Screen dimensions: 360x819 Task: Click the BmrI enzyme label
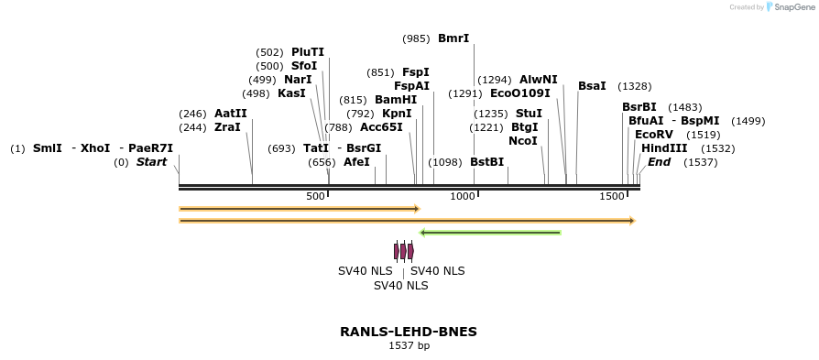pos(453,38)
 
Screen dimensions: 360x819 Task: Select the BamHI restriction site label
pos(396,100)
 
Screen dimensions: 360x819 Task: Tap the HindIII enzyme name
pos(662,148)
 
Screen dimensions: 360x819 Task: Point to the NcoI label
pos(523,141)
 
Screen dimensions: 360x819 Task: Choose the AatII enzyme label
pos(231,114)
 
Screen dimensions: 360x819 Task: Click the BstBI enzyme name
pos(486,162)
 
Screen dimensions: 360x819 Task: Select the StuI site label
pos(529,114)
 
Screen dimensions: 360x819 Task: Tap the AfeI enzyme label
pos(356,162)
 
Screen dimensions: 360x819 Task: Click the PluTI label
pos(308,52)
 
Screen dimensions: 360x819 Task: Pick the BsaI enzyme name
pos(592,86)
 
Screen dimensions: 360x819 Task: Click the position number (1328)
pos(635,86)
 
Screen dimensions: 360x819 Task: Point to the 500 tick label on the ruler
pos(315,197)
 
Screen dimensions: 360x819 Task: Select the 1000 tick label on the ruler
pos(464,197)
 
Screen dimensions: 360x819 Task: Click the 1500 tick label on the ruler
pos(611,197)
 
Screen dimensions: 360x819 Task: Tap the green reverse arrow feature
pos(490,233)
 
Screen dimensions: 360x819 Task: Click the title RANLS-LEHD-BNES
pos(409,332)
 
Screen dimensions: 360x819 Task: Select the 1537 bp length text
pos(409,346)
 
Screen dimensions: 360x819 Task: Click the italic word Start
pos(152,162)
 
